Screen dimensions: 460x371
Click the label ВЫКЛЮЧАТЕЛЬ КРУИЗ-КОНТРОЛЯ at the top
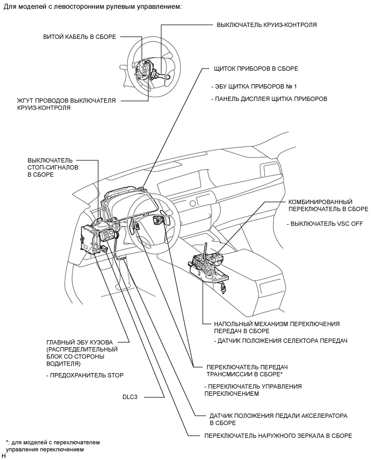coord(266,25)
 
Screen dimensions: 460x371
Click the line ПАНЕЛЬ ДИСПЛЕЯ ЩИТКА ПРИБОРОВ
coord(270,99)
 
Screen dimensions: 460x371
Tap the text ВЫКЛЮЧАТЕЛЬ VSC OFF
coord(317,223)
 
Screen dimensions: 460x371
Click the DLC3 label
coord(130,397)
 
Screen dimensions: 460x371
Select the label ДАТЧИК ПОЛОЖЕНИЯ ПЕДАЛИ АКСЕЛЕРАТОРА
coord(278,420)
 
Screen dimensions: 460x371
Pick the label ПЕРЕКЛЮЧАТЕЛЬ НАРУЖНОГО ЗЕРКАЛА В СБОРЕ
coord(278,435)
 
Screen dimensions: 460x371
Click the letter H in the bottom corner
coord(3,457)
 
